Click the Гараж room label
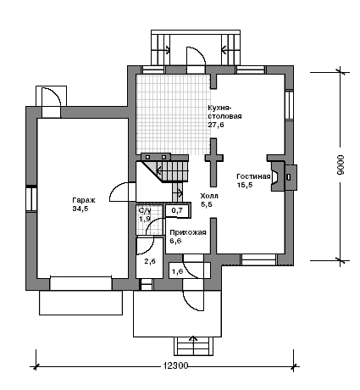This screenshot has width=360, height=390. [84, 200]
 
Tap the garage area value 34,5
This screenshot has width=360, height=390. [80, 209]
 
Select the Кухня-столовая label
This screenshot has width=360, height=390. [224, 112]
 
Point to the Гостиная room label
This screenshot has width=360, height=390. [253, 176]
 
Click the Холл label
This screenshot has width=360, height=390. [209, 196]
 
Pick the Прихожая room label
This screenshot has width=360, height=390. [188, 232]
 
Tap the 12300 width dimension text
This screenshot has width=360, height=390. [175, 365]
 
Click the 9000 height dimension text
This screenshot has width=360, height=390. [341, 165]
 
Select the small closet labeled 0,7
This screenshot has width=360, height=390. [177, 210]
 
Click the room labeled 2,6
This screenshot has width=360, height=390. [150, 261]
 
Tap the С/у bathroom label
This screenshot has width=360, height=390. [145, 210]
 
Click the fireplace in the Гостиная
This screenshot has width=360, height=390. [283, 176]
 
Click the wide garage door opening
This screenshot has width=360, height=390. [80, 283]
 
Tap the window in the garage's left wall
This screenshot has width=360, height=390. [31, 198]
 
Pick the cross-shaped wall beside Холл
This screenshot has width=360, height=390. [214, 163]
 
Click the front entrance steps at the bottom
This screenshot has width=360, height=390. [193, 346]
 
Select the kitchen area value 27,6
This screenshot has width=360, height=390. [216, 125]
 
